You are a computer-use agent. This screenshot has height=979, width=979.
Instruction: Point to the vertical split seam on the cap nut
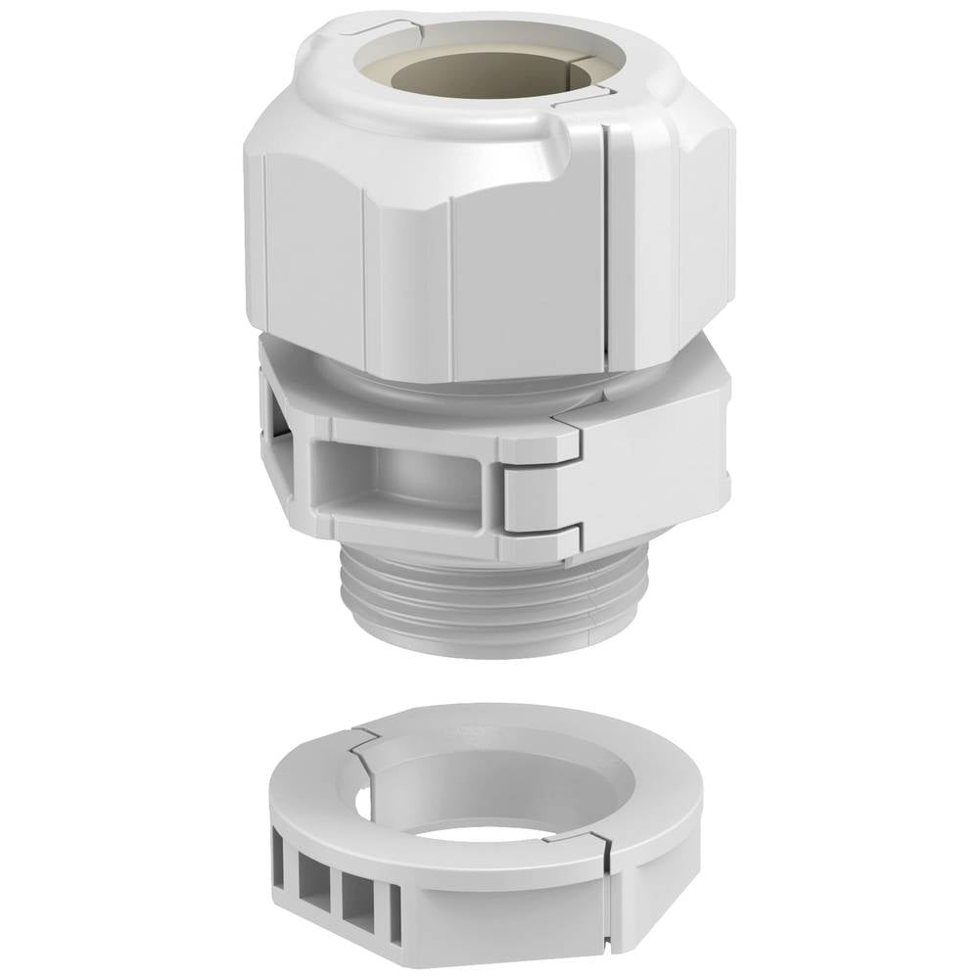[x=609, y=245]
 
